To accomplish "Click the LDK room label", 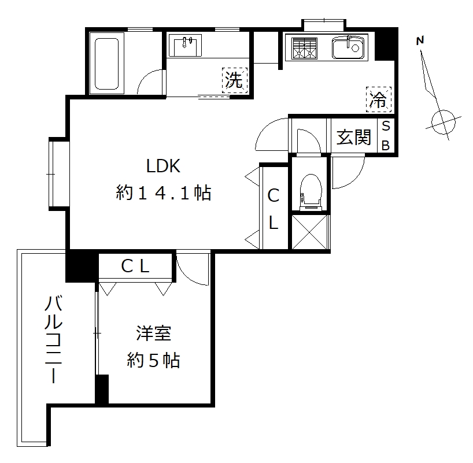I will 164,167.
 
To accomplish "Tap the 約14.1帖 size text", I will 164,193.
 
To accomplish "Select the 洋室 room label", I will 153,334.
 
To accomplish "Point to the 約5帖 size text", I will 153,361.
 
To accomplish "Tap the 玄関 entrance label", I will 353,137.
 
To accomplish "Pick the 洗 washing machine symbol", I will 234,80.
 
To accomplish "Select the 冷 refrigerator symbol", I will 379,99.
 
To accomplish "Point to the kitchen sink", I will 349,48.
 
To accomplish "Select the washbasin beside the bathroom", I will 185,46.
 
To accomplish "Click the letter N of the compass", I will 420,40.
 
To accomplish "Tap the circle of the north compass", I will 443,121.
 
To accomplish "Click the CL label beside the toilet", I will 273,209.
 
